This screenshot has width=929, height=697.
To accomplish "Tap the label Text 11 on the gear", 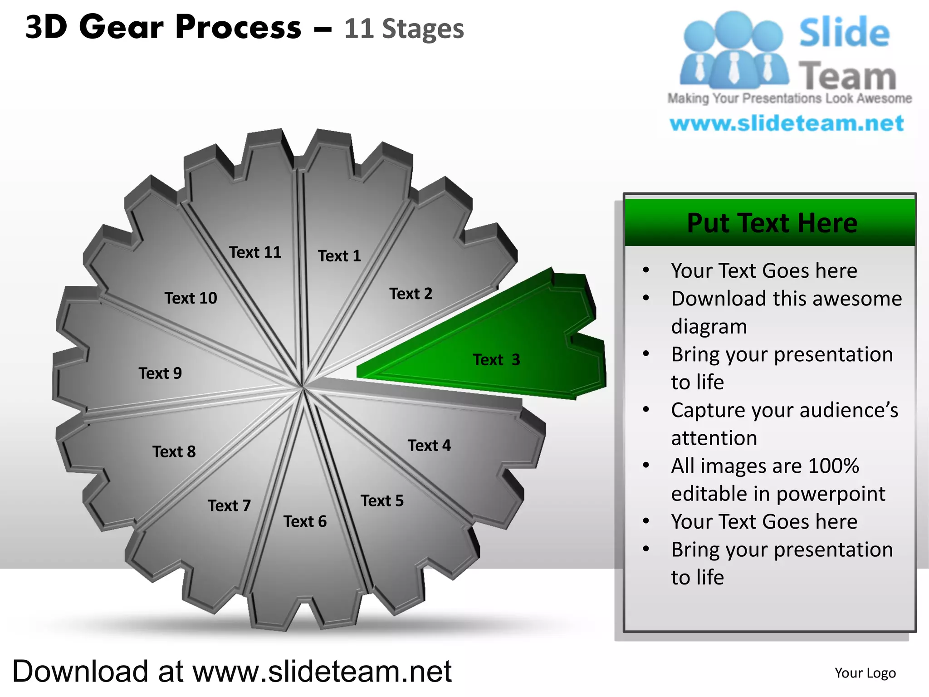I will pyautogui.click(x=255, y=252).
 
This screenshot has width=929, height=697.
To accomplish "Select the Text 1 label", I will pyautogui.click(x=339, y=256).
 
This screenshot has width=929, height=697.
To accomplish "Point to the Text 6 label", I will pyautogui.click(x=305, y=521).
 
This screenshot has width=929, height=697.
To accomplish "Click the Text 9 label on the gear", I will pyautogui.click(x=160, y=373).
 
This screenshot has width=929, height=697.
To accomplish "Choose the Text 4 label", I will pyautogui.click(x=429, y=445).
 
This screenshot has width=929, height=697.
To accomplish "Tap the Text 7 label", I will pyautogui.click(x=229, y=505).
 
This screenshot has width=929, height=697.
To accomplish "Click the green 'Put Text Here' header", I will pyautogui.click(x=772, y=223).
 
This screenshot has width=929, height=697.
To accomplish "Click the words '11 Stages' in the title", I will pyautogui.click(x=404, y=29).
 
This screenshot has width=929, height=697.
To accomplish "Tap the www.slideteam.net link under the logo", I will pyautogui.click(x=787, y=123).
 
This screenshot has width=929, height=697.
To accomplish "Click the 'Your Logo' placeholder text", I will pyautogui.click(x=865, y=672).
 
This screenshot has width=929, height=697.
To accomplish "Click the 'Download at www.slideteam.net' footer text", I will pyautogui.click(x=232, y=671).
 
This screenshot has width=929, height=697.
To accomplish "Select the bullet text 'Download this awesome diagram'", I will pyautogui.click(x=786, y=312).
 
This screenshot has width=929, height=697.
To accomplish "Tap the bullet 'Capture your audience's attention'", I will pyautogui.click(x=784, y=424).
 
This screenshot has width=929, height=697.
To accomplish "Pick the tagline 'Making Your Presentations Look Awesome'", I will pyautogui.click(x=789, y=98).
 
